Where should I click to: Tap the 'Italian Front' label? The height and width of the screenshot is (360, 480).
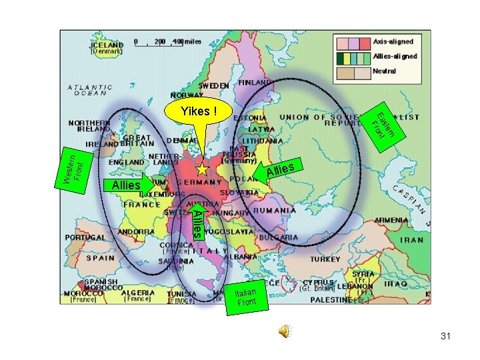(x=247, y=296)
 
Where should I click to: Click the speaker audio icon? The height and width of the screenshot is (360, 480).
(x=285, y=331)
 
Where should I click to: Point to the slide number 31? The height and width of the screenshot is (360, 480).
(x=445, y=337)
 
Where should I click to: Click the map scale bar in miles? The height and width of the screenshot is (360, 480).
(x=167, y=41)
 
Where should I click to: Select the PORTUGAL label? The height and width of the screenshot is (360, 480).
(x=85, y=237)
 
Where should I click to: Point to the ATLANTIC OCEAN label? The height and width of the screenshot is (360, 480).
(x=90, y=90)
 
